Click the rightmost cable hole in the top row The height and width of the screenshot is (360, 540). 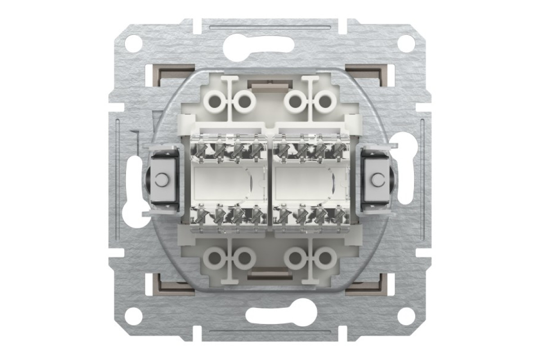tap(325, 101)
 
